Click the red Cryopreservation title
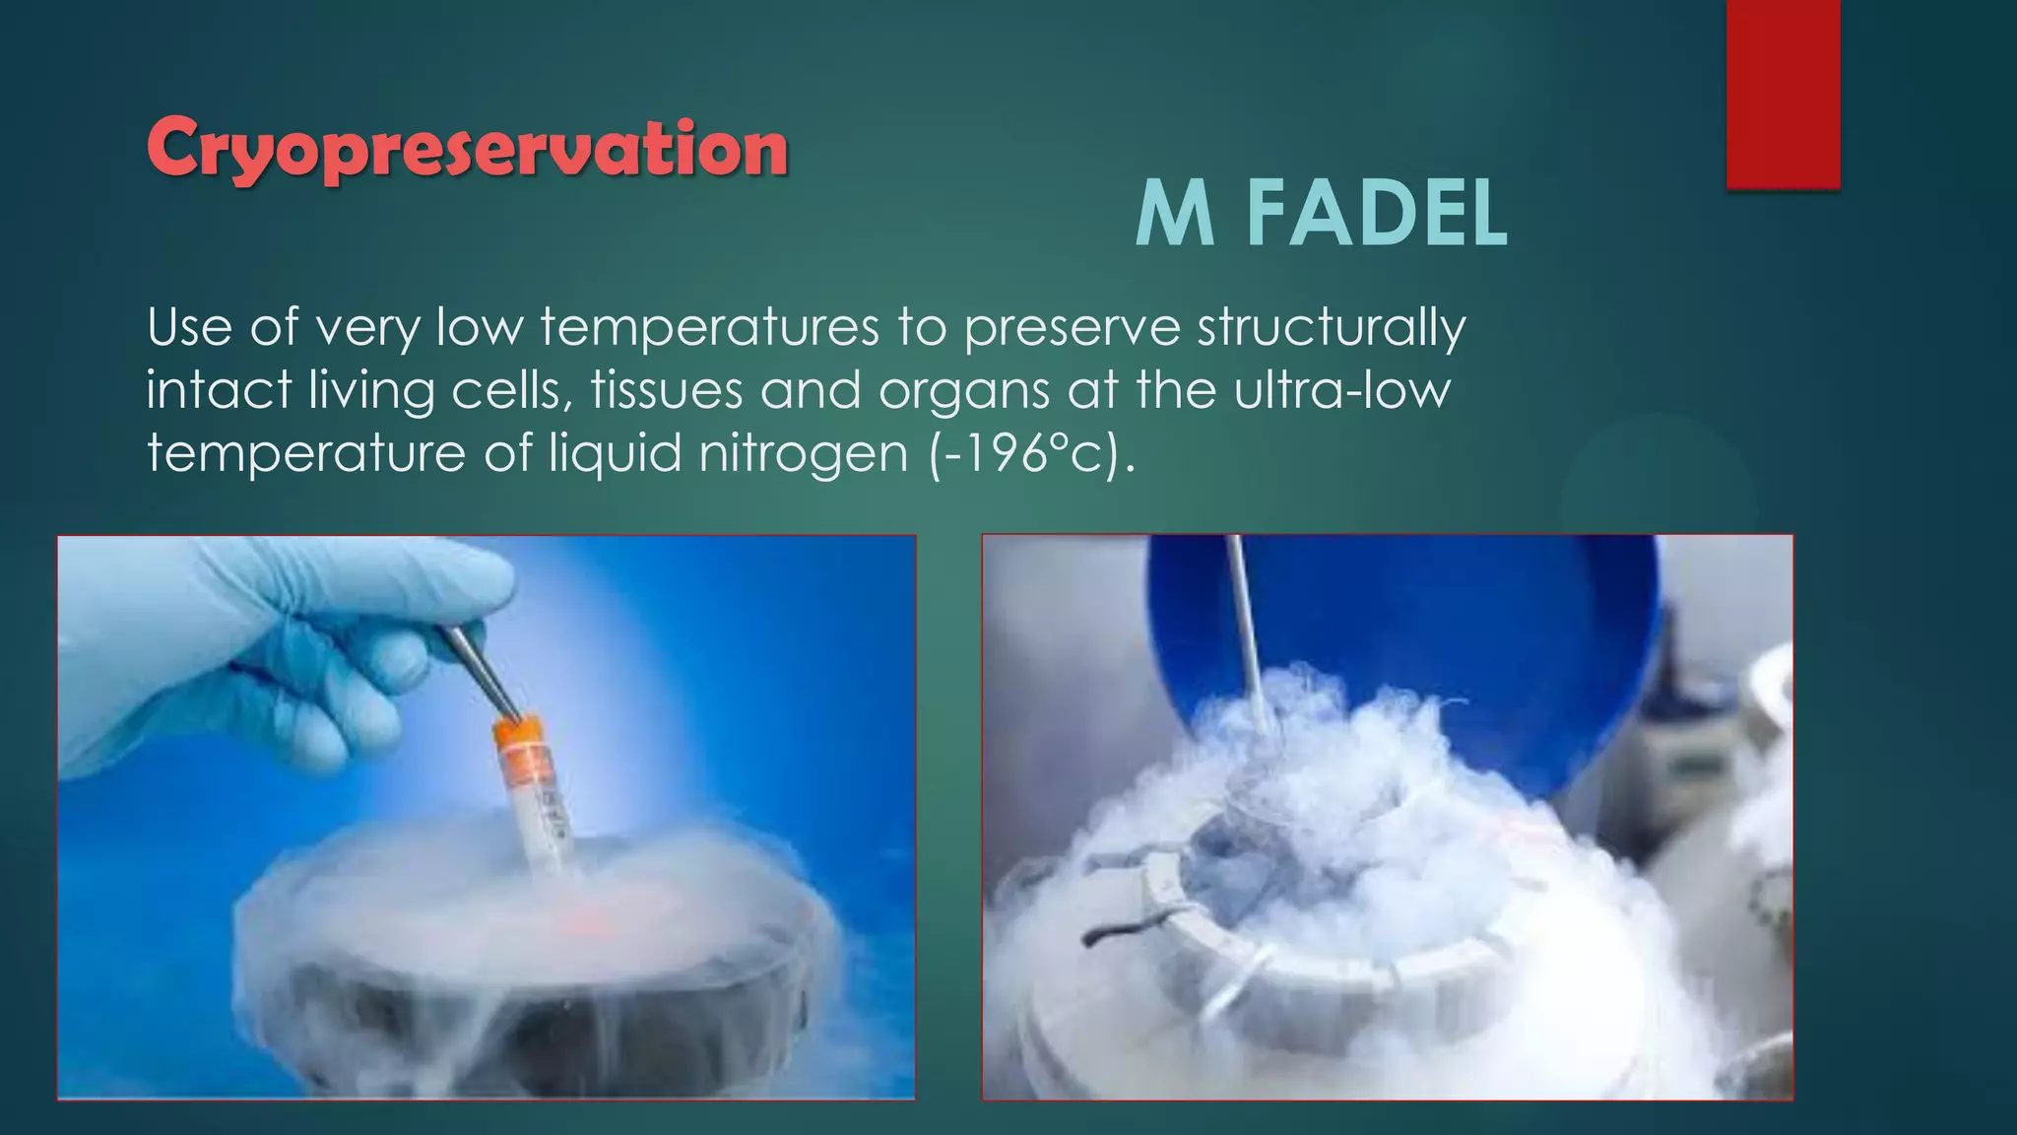tap(467, 148)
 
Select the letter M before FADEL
tap(1174, 216)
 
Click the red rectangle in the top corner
tap(1783, 94)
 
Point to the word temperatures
tap(709, 327)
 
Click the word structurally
tap(1332, 329)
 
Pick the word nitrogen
tap(804, 455)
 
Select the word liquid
tap(615, 455)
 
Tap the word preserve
tap(1072, 329)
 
